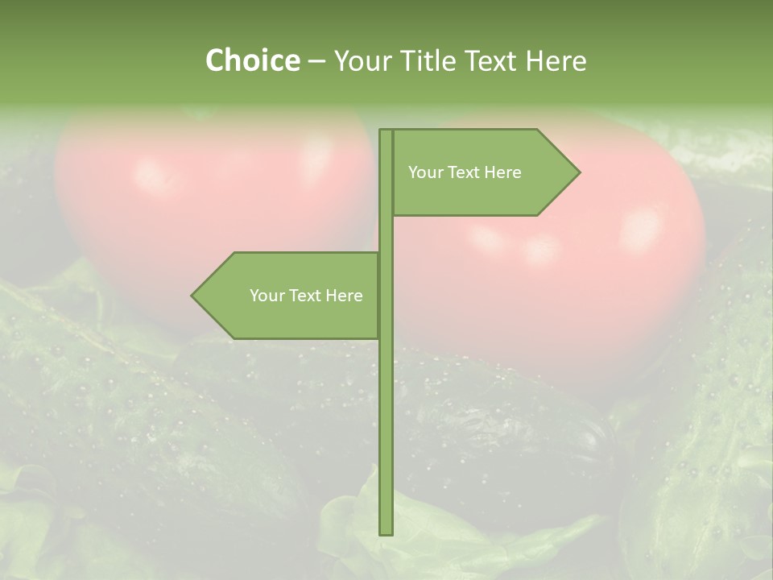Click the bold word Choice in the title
pos(252,60)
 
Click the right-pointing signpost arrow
pos(483,172)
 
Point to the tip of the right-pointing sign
pos(577,172)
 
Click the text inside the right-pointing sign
pos(465,172)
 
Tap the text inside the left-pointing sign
pos(306,296)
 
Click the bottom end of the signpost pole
pos(386,532)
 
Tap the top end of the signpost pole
pos(386,131)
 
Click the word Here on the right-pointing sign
pos(502,172)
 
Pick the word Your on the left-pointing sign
pos(266,296)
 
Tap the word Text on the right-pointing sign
pos(464,172)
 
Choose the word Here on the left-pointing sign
pos(344,296)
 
